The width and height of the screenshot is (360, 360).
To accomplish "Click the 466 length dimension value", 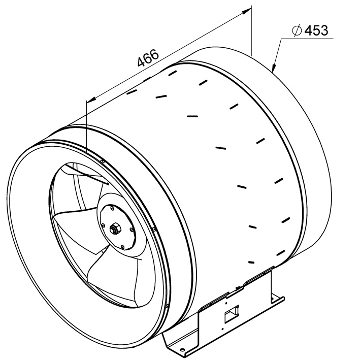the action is coord(148,57).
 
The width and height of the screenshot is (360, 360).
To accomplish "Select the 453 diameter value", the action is coord(316,30).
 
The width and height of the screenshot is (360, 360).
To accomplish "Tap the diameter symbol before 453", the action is coord(297,30).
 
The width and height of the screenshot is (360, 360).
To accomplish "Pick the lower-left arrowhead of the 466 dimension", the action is coord(91,99).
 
